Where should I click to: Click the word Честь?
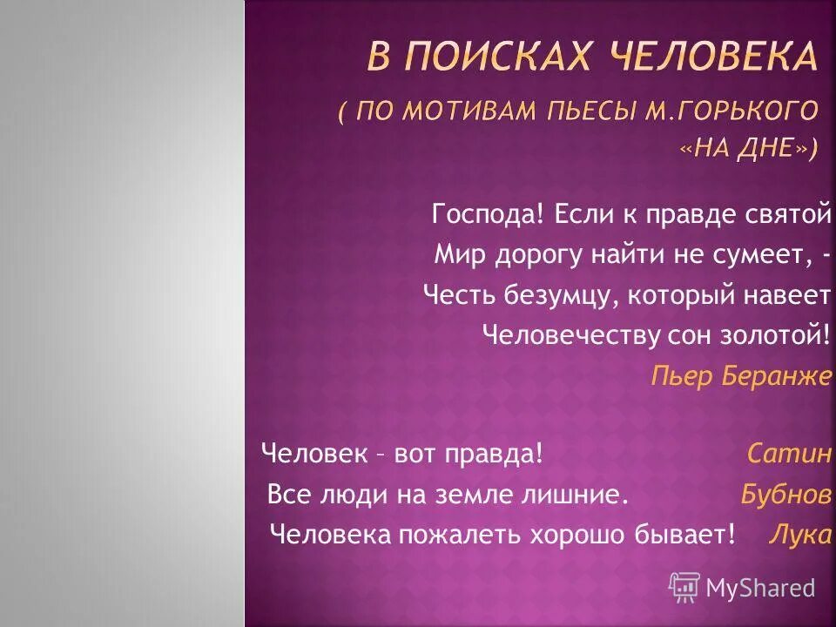459,295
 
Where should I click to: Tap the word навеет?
787,295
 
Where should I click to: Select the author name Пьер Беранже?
741,377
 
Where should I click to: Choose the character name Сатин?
789,454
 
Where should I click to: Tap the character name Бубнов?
785,495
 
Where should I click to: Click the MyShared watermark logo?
742,588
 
